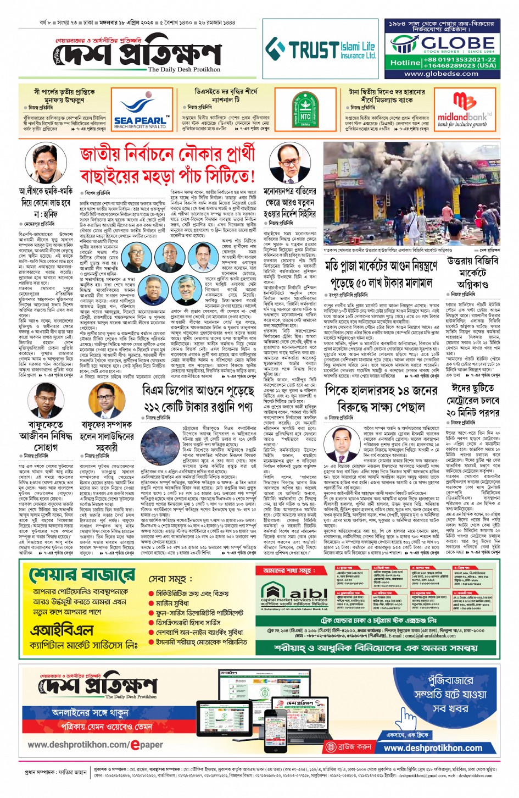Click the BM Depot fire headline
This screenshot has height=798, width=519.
(x=198, y=398)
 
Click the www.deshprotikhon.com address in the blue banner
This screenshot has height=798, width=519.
(x=433, y=747)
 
